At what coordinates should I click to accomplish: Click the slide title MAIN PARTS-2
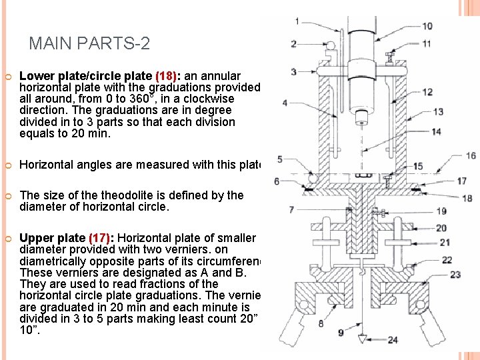89,44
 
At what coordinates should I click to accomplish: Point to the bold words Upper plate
53,239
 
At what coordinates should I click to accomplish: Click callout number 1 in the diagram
296,21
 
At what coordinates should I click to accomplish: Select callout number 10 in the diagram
427,26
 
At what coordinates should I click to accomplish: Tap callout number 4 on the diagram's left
285,103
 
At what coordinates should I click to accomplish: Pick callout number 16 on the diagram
471,155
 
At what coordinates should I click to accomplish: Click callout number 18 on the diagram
467,198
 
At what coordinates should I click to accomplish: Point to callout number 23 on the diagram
455,274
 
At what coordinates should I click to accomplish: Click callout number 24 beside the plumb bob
393,340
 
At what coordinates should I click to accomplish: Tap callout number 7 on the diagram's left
291,209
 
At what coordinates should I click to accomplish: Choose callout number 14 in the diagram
436,131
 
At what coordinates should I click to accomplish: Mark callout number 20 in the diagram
441,228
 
